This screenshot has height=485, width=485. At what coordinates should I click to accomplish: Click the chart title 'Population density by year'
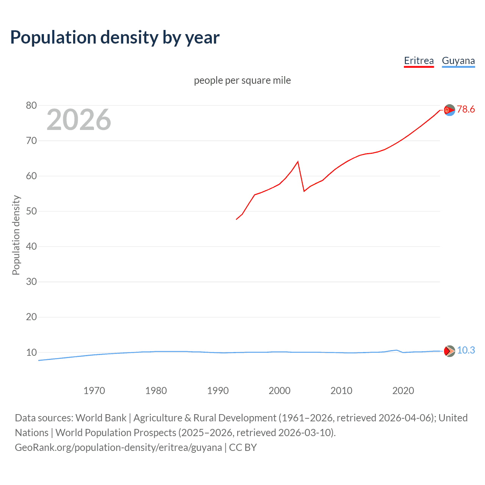tap(115, 38)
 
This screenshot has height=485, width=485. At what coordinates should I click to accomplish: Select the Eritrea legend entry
tap(419, 61)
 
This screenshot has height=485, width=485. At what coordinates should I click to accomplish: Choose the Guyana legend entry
tap(458, 61)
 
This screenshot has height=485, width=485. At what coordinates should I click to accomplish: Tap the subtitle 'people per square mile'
tap(242, 80)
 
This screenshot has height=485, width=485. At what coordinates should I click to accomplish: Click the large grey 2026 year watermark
tap(79, 120)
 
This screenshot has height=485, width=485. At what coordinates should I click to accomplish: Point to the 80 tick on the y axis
tap(31, 105)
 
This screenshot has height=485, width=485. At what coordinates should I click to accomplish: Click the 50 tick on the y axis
tap(31, 211)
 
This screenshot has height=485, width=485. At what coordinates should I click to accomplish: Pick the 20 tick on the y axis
tap(31, 317)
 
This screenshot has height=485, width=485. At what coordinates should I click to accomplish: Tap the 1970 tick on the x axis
tap(94, 391)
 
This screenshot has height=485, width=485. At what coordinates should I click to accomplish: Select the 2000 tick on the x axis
tap(279, 391)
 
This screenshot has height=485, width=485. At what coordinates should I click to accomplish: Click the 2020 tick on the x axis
tap(403, 391)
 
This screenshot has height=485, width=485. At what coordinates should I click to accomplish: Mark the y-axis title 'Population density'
tap(16, 235)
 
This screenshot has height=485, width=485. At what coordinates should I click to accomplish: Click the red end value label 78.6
tap(466, 110)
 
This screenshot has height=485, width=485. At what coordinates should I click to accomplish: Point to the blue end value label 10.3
tap(466, 350)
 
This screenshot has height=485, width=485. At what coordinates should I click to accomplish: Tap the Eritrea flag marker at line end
tap(449, 110)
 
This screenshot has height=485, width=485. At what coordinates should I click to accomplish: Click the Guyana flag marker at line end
tap(449, 351)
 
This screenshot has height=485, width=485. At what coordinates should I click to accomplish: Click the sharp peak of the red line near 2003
tap(298, 162)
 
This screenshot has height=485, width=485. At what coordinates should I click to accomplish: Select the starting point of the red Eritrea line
tap(236, 219)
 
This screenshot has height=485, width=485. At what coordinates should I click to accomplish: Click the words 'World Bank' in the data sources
tap(101, 418)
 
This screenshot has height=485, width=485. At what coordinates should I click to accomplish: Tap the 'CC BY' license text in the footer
tap(243, 447)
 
